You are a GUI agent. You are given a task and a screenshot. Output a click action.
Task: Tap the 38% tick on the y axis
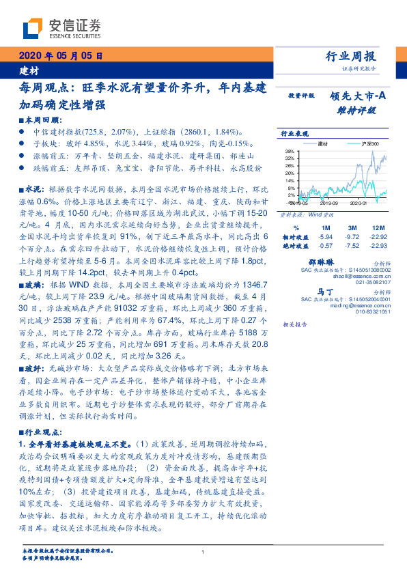[290, 151]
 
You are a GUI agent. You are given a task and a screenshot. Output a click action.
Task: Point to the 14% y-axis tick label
[290, 177]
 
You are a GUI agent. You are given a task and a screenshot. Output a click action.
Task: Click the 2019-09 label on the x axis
[330, 203]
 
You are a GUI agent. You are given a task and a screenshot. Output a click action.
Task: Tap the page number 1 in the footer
[203, 552]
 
